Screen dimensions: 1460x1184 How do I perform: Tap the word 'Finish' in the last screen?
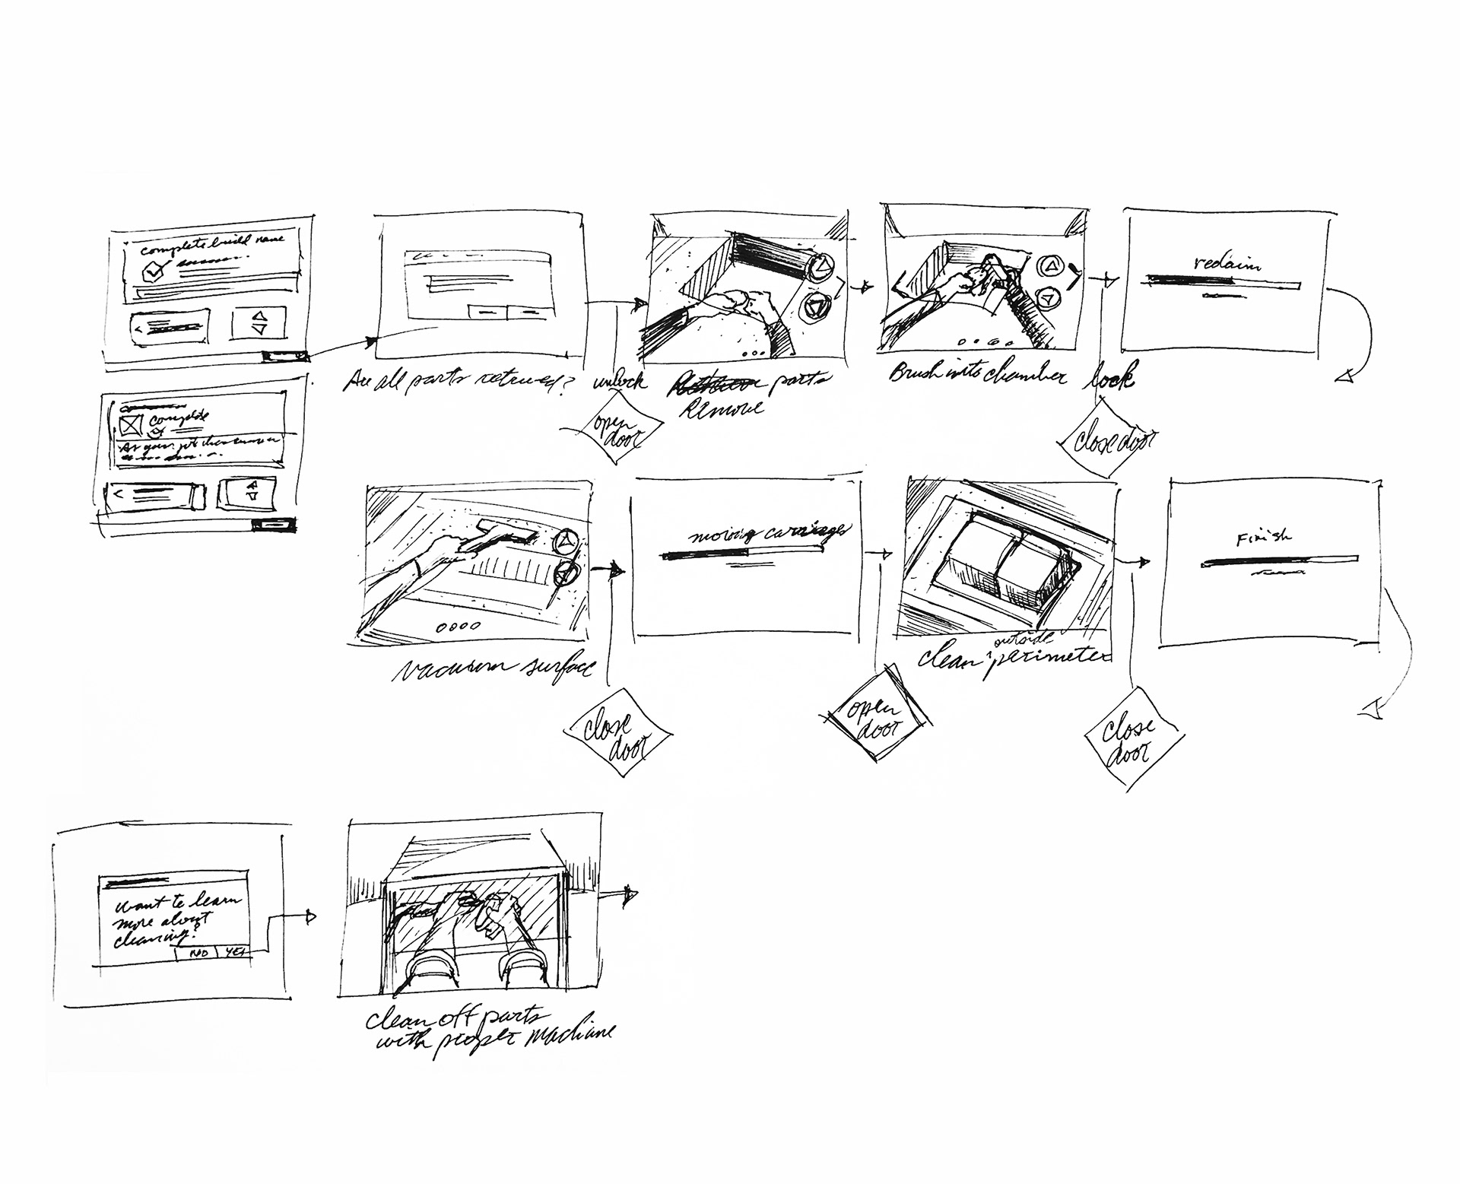coord(1263,538)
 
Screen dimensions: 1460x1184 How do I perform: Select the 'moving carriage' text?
coord(767,532)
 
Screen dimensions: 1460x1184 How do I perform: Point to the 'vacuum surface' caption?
coord(495,668)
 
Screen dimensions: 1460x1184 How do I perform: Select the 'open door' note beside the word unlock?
coord(617,433)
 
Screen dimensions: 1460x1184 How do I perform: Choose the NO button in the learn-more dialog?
coord(198,953)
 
